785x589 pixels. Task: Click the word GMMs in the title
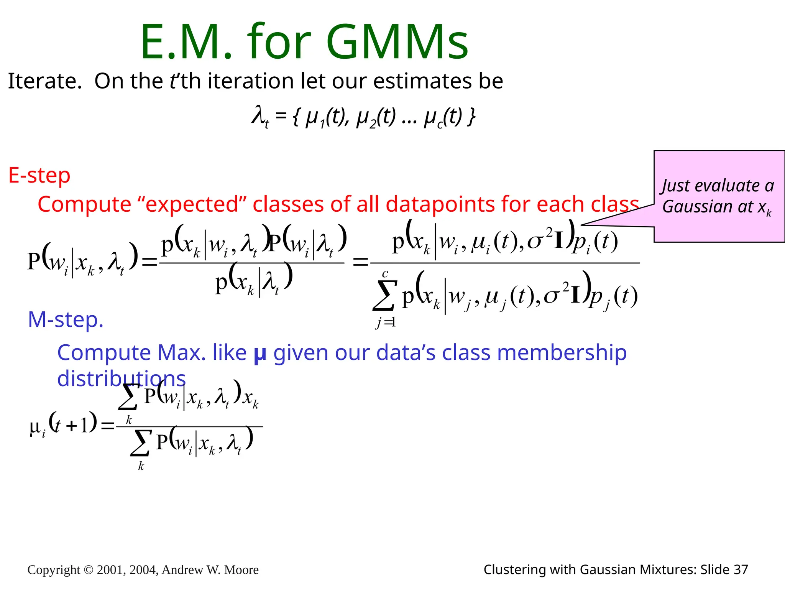coord(397,42)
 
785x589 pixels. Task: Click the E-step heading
coord(39,176)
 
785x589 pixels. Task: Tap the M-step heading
coord(66,319)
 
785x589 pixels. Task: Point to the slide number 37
coord(741,569)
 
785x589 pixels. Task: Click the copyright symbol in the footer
coord(88,570)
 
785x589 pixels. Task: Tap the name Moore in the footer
coord(241,570)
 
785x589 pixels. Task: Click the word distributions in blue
coord(122,378)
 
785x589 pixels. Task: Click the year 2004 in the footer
coord(143,570)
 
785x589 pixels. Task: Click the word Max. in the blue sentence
coord(182,352)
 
